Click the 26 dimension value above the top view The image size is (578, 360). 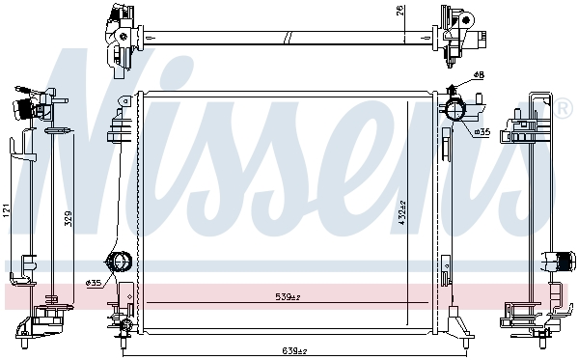coord(399,11)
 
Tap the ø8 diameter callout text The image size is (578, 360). coord(479,75)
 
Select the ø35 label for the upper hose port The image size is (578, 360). coord(482,131)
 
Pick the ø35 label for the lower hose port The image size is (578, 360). coord(94,283)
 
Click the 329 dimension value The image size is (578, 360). coord(69,218)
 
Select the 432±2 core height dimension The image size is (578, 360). coord(401,213)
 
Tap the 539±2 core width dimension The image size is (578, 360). coord(288,296)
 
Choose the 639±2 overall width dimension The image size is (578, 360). coord(294,350)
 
